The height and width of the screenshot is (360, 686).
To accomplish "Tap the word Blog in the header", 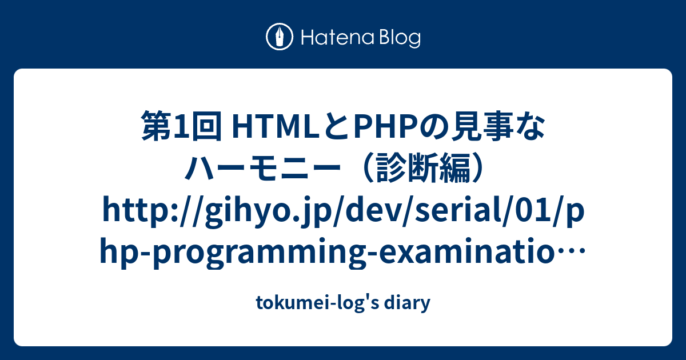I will click(398, 38).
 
